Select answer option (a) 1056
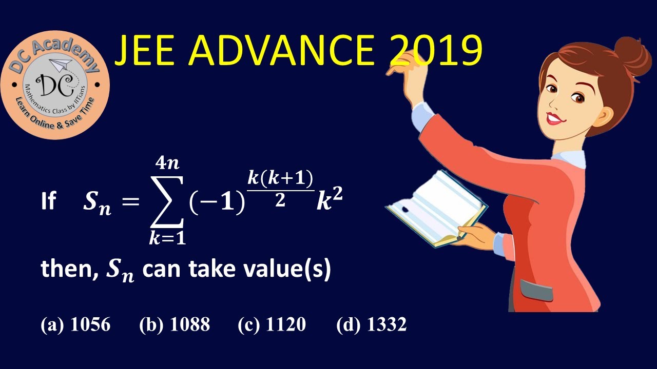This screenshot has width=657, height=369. [75, 324]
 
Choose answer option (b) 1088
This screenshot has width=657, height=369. [175, 324]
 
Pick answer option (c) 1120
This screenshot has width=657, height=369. [272, 324]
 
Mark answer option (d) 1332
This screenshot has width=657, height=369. [371, 324]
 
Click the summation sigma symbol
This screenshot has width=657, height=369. [166, 202]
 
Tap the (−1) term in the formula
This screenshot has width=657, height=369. [216, 203]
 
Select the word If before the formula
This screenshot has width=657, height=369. [48, 202]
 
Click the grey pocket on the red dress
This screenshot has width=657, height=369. [536, 290]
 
